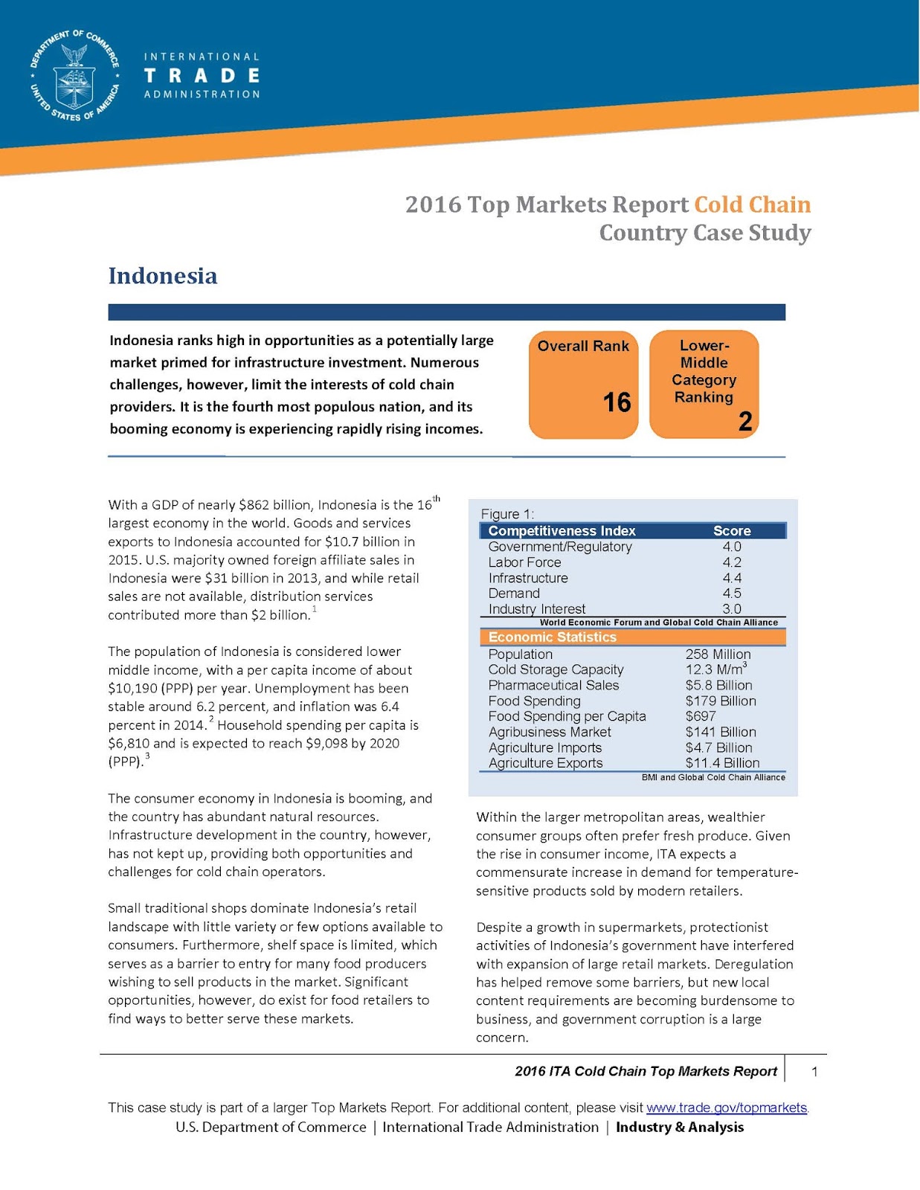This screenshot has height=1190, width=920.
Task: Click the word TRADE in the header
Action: (x=202, y=76)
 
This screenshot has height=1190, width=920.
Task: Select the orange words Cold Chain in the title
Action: (x=752, y=205)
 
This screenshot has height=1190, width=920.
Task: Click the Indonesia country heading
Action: (x=163, y=276)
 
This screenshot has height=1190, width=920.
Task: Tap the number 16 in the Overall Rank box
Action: (x=617, y=402)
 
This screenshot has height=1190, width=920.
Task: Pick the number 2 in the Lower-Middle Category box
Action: (x=745, y=422)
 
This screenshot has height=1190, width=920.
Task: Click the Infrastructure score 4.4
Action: (x=731, y=578)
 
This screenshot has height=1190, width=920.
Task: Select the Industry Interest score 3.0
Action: (x=731, y=609)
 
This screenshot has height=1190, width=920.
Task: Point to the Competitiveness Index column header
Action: (x=562, y=531)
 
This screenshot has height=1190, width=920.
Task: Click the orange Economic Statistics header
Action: (x=553, y=637)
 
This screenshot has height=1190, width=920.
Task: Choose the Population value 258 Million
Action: (x=718, y=654)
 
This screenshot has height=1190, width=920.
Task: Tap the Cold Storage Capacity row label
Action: (x=556, y=670)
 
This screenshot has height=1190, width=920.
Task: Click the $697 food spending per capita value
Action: (x=701, y=716)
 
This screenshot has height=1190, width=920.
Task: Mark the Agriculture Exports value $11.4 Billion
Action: (x=722, y=763)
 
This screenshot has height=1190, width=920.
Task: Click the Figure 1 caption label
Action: (x=507, y=514)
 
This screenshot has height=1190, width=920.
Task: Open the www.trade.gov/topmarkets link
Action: (x=727, y=1107)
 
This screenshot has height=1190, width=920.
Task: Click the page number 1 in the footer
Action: (x=815, y=1072)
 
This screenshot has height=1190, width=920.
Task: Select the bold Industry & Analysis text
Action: (x=679, y=1128)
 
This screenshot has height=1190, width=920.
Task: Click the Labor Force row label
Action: (x=524, y=562)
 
